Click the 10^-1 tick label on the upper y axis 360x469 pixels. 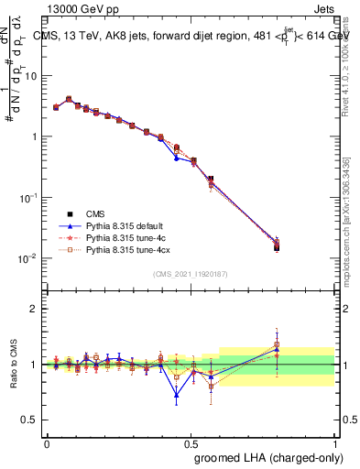pyautogui.click(x=30, y=198)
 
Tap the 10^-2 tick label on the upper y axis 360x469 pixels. pyautogui.click(x=30, y=258)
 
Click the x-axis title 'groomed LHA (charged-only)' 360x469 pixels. pyautogui.click(x=265, y=456)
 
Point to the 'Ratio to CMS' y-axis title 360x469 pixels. pyautogui.click(x=13, y=364)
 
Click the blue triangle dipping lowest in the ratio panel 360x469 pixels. pyautogui.click(x=176, y=396)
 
